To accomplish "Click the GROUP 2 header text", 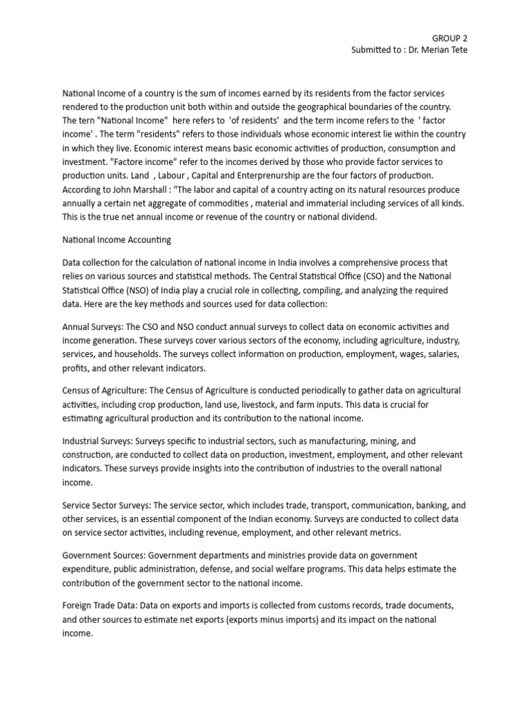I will (449, 38).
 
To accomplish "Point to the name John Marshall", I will (148, 189).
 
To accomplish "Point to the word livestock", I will (265, 404).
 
